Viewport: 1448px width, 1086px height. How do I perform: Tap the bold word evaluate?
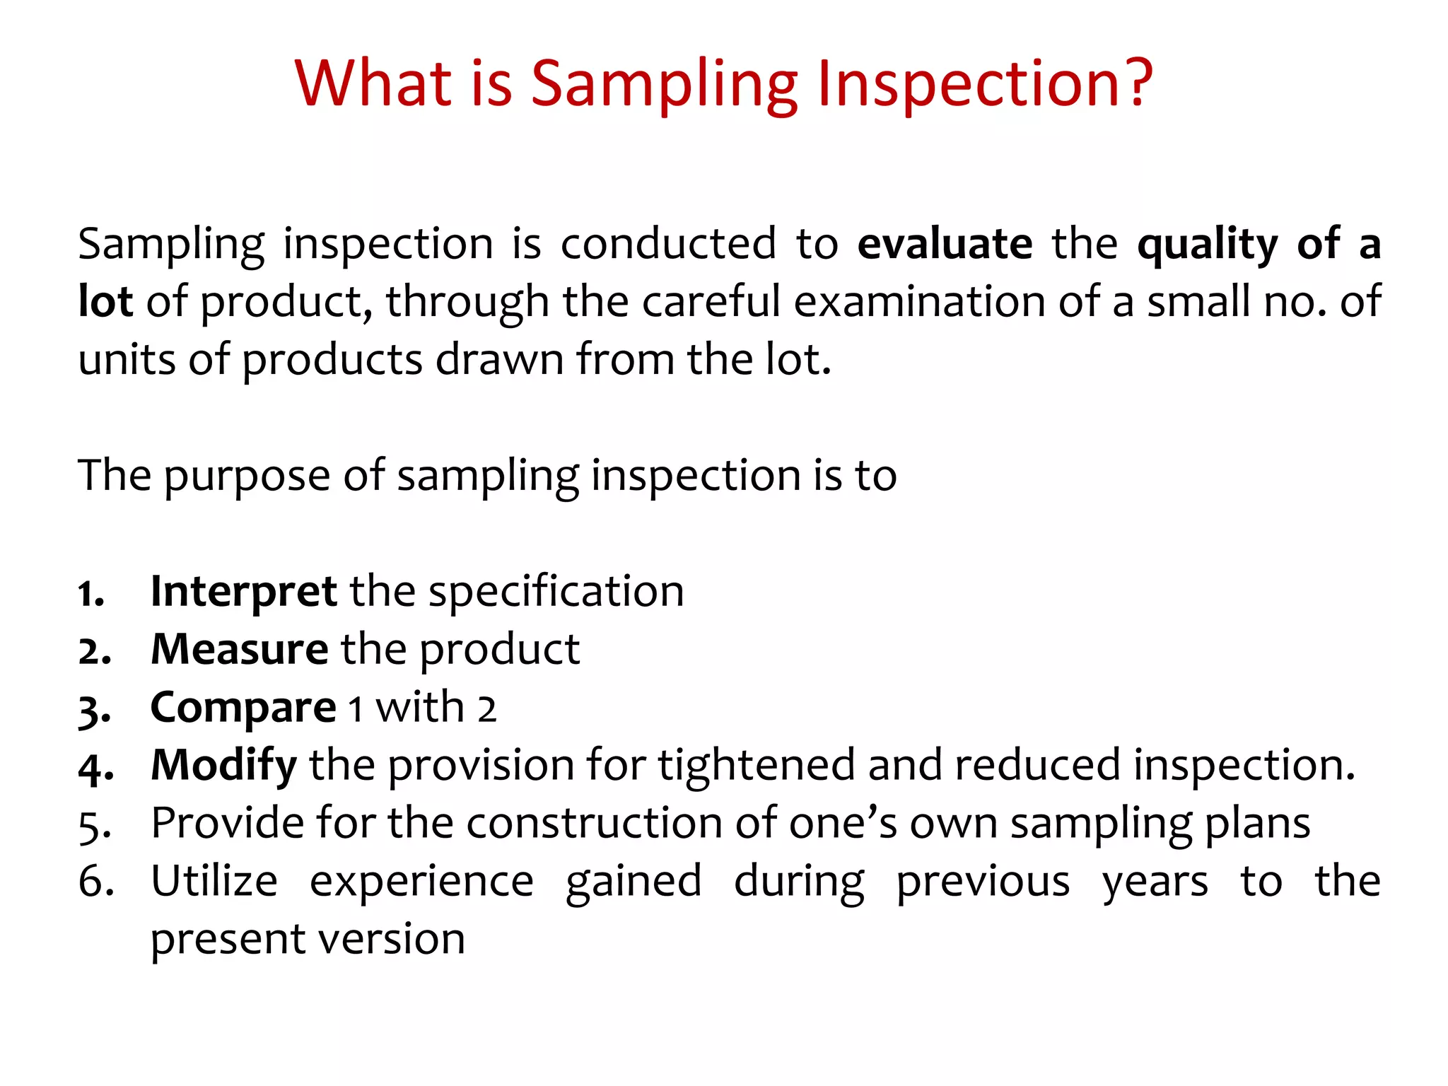point(945,244)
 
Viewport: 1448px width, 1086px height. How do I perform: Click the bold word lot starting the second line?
point(105,301)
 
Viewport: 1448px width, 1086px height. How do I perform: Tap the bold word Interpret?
point(243,592)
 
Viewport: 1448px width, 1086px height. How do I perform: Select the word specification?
point(556,593)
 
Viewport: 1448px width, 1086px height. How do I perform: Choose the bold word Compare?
point(243,708)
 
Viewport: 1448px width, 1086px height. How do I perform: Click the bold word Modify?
point(223,766)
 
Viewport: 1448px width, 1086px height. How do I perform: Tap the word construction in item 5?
point(593,824)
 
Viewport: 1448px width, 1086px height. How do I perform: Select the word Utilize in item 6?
point(214,882)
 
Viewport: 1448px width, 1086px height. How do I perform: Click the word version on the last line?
point(399,940)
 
